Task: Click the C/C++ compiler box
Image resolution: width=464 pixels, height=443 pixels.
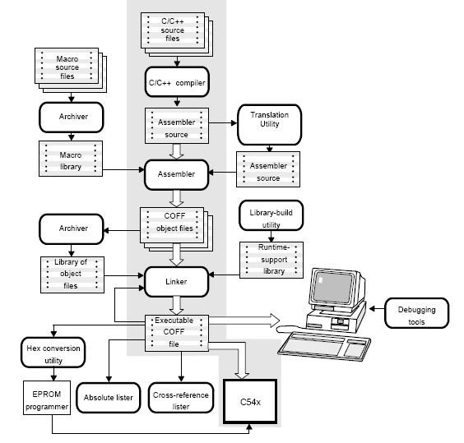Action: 177,82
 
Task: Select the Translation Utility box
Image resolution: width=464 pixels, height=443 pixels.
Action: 269,124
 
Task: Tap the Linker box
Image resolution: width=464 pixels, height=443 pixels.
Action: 176,282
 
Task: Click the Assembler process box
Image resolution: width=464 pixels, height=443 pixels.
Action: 176,174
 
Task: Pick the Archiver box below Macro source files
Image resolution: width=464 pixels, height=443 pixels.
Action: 72,117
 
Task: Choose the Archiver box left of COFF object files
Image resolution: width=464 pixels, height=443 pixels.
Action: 72,229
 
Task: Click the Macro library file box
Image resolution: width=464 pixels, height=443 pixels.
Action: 71,159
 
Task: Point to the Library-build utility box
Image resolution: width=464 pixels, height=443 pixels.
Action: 271,215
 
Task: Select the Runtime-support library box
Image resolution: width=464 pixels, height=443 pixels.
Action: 271,260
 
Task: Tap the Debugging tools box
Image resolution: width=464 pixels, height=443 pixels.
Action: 416,313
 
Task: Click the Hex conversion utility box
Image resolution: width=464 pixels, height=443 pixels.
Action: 53,353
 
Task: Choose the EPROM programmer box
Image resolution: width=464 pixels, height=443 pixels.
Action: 47,398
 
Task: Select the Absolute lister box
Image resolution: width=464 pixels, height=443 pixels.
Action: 109,398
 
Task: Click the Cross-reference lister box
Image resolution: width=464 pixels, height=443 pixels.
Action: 181,398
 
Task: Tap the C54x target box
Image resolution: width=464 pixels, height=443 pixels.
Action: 250,402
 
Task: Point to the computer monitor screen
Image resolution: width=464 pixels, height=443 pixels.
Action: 334,287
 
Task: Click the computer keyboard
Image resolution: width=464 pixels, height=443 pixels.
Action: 324,346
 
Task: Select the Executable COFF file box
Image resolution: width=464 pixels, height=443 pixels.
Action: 177,333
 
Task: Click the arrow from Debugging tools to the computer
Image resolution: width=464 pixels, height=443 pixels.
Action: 377,309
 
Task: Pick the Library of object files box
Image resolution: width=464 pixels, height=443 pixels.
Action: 72,275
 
